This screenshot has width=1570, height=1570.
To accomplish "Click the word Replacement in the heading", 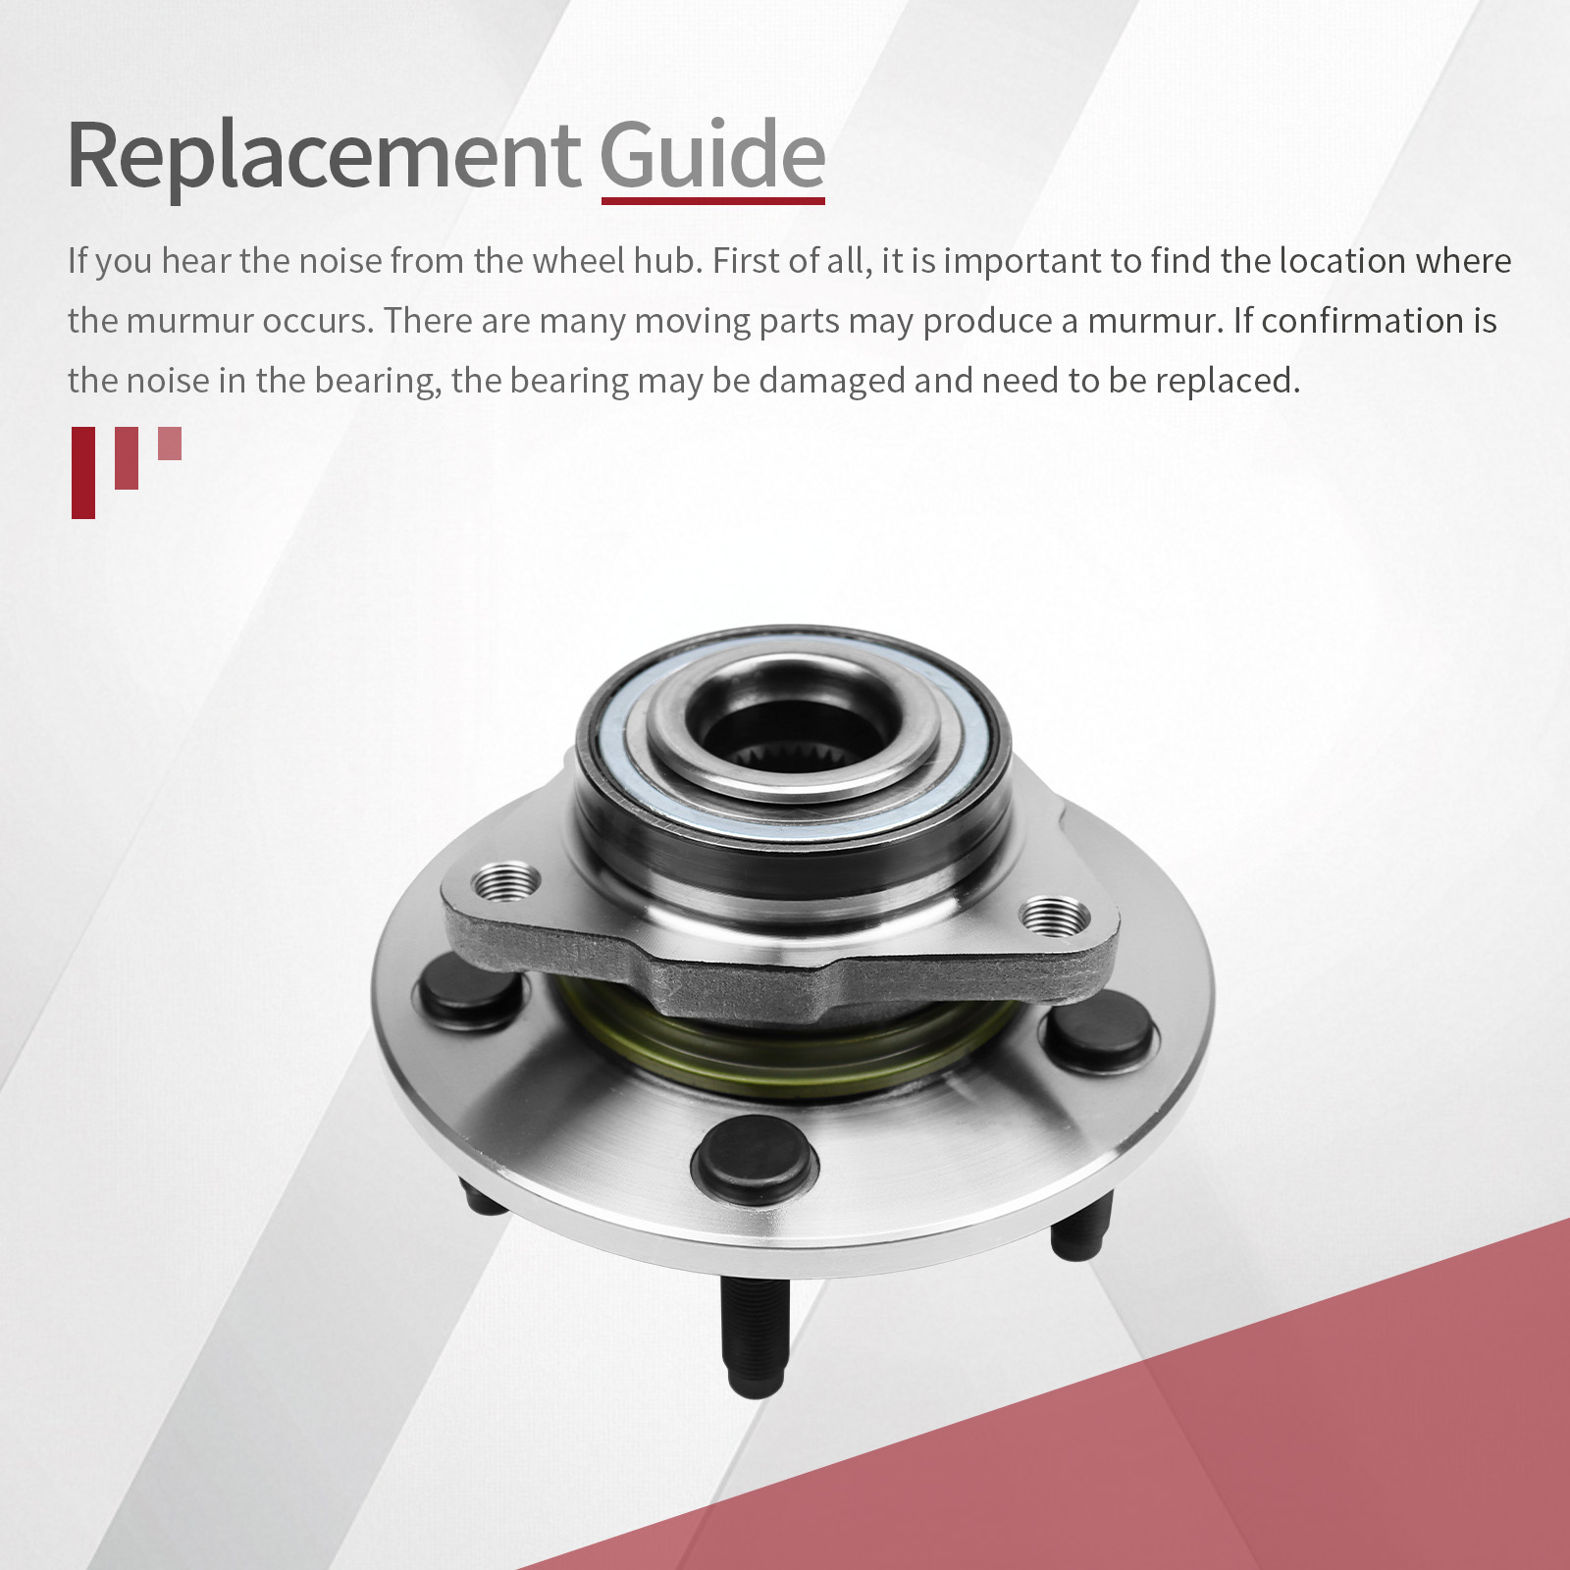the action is (324, 156).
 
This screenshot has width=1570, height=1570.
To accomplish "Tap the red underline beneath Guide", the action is (713, 200).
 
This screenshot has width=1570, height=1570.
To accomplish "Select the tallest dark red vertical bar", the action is (83, 472).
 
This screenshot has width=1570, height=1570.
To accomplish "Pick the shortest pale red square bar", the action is (170, 443).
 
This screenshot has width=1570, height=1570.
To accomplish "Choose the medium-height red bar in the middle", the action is (127, 457).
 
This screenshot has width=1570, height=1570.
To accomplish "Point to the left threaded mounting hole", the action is (505, 882).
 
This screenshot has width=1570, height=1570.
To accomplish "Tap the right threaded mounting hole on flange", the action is (1056, 916).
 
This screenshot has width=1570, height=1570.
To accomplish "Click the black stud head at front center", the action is (754, 1159).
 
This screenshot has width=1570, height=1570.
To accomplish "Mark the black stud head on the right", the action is (1098, 1029).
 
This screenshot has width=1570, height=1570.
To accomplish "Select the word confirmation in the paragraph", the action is (1363, 321).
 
